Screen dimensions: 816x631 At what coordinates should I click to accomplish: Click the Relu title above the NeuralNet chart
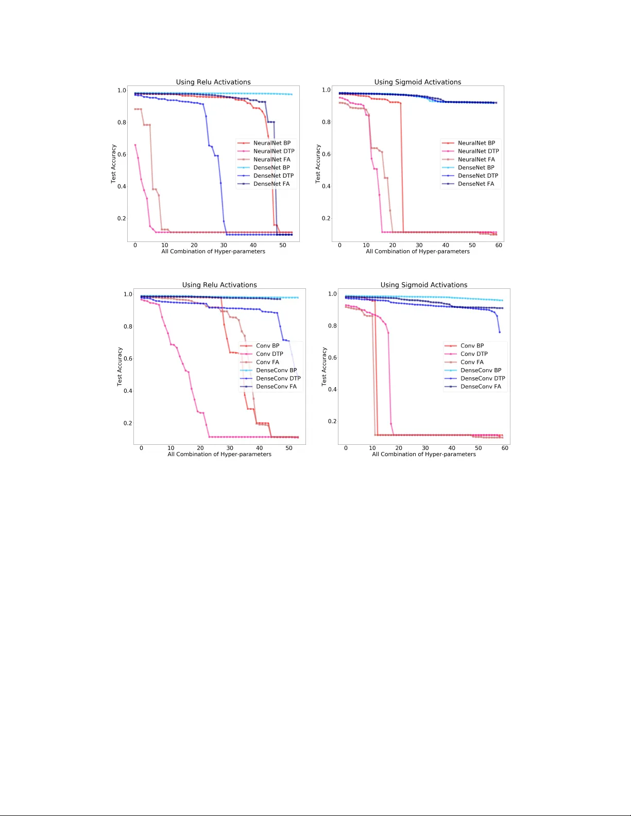[213, 82]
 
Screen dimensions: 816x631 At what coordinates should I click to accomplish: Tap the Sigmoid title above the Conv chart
[424, 285]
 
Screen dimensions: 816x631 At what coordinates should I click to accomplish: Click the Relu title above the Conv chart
[219, 285]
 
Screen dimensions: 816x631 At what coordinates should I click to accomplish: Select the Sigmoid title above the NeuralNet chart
[418, 82]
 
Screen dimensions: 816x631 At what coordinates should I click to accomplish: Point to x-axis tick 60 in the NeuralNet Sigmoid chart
[499, 246]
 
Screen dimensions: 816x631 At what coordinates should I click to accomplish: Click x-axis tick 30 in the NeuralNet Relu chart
[224, 246]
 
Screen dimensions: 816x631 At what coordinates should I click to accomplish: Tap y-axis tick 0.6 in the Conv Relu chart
[128, 359]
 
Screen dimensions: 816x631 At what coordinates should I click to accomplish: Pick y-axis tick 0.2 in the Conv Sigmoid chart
[332, 422]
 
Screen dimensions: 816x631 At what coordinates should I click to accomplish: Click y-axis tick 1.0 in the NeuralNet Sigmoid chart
[326, 90]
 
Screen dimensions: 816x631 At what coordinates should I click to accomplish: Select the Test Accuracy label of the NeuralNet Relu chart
[113, 164]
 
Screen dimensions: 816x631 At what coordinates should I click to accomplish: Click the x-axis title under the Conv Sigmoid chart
[424, 455]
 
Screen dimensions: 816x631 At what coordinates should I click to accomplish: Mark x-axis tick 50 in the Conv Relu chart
[289, 448]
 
